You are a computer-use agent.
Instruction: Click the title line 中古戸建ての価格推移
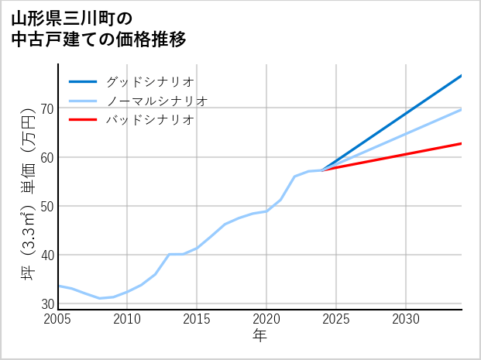99,39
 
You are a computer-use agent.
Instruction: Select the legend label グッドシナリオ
149,81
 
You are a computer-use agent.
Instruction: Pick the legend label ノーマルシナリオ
156,101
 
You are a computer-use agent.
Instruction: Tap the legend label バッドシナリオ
149,120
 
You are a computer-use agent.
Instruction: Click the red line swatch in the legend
83,120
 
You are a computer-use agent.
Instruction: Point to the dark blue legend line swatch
83,81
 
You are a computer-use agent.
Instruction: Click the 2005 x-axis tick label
58,319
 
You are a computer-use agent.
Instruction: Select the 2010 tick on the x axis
128,319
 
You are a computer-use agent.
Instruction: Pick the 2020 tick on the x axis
266,319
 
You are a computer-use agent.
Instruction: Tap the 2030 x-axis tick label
406,319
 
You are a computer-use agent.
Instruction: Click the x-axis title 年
260,335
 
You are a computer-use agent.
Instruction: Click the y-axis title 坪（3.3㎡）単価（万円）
28,197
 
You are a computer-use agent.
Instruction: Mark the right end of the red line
461,143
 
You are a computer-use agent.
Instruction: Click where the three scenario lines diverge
322,170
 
